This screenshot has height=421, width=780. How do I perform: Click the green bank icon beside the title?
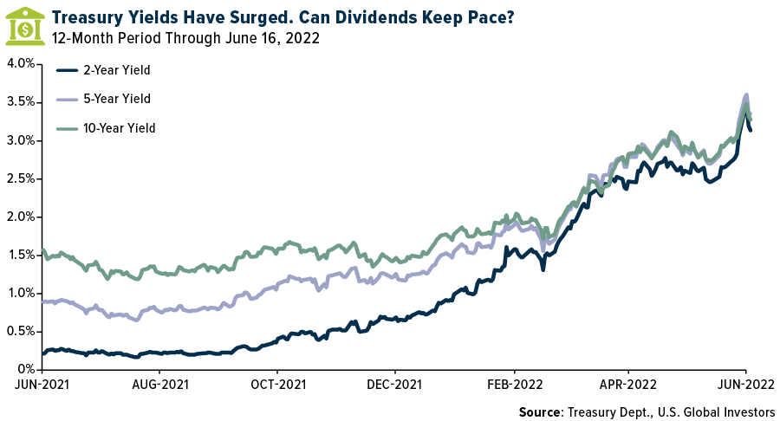point(25,25)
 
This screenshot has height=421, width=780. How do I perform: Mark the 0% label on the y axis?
point(25,369)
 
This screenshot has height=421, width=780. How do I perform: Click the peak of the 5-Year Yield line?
point(746,95)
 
